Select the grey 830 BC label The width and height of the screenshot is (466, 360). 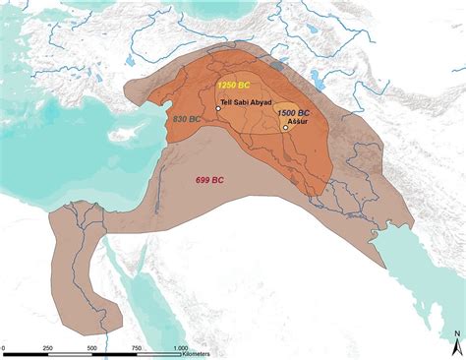[186, 118]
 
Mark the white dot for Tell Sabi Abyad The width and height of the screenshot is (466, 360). [218, 108]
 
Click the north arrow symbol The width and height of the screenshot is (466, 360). [456, 346]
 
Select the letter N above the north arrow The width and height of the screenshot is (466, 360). [456, 334]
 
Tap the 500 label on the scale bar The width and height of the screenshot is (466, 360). [90, 349]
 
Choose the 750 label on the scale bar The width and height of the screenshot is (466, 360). [136, 349]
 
